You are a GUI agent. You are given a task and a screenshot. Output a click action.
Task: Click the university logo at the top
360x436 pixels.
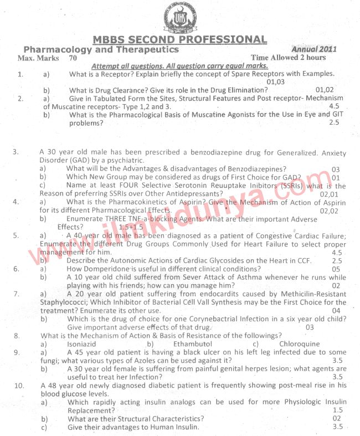point(179,17)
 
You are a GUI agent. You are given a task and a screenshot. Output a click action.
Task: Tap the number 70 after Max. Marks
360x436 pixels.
point(73,58)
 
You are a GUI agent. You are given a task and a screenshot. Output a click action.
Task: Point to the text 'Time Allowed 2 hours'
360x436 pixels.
point(288,58)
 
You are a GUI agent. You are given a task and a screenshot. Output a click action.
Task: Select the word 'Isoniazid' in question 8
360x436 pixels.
point(81,343)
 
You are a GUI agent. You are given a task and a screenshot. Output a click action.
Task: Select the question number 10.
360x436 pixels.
point(19,385)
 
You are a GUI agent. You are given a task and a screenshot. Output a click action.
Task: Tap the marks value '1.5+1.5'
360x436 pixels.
point(131,227)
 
